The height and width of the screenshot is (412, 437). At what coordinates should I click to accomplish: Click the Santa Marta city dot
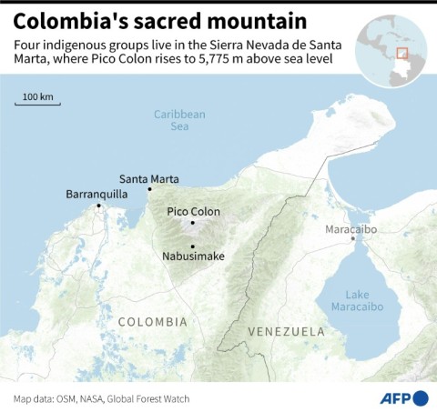coord(149,189)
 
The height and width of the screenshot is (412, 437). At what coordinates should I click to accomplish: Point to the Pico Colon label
coord(193,211)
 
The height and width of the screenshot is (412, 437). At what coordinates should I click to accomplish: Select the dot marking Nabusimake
coord(192,246)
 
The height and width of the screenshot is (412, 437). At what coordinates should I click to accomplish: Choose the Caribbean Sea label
coord(179,120)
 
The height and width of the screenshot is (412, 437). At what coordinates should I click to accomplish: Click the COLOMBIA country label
coord(151,322)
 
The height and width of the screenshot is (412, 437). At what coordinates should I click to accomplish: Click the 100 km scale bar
coord(38,103)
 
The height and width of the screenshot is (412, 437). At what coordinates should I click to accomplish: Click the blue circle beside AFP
coord(421,397)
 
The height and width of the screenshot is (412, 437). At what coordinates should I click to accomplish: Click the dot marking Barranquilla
coord(99,206)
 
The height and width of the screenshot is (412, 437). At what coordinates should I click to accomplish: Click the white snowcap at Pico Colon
coord(193,222)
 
